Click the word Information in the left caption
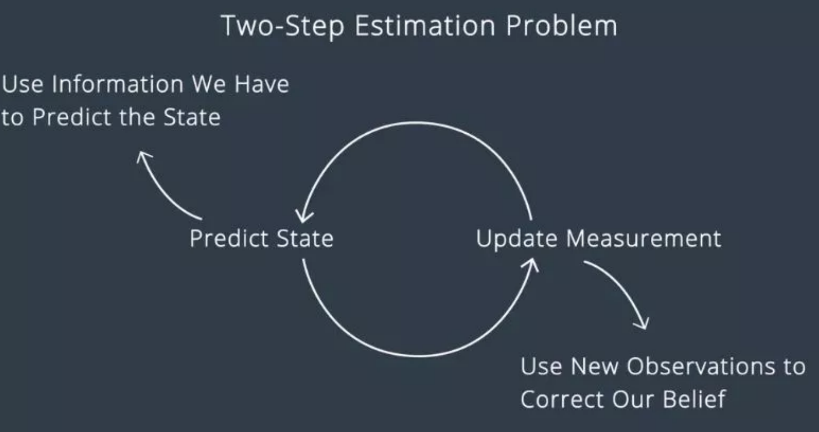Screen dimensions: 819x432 118,84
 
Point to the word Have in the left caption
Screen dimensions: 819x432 262,85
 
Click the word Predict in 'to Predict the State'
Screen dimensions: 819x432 72,117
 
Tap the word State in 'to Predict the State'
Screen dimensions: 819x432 192,117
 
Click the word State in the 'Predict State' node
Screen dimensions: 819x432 305,238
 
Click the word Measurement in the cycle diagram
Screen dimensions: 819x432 644,239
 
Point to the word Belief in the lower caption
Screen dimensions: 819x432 694,399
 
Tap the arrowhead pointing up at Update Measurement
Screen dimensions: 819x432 531,264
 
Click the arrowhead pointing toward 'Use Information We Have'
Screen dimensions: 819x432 143,157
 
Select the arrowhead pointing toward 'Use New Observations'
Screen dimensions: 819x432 643,324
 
